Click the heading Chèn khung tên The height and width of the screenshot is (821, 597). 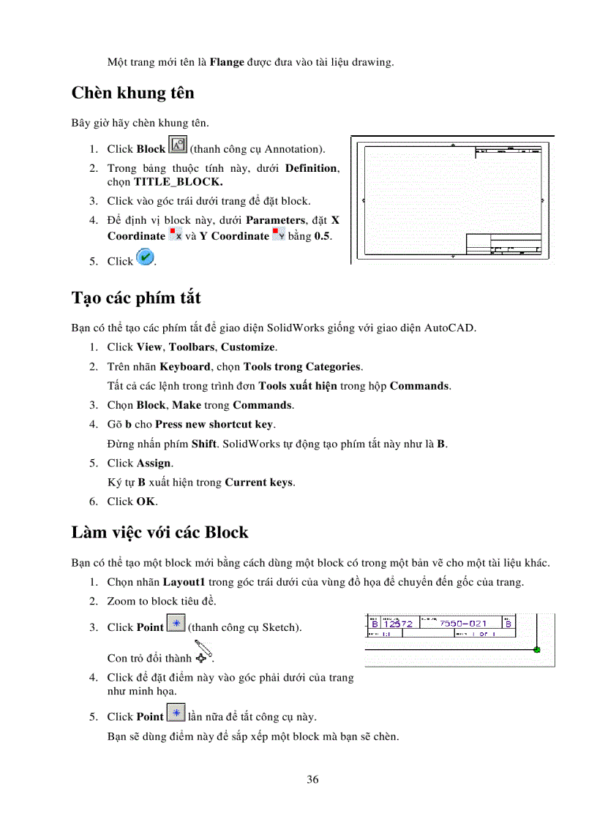(x=132, y=94)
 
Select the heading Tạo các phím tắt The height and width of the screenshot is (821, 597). (x=136, y=298)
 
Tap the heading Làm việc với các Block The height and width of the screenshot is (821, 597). (x=159, y=532)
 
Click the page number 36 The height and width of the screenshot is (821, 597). (x=312, y=779)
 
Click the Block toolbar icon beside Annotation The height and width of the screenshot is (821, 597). (x=178, y=145)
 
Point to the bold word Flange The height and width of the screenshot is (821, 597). (x=226, y=62)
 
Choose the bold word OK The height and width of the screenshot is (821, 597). (x=146, y=502)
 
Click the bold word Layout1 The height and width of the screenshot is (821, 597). (x=184, y=583)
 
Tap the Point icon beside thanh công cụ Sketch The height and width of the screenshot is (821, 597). (x=176, y=624)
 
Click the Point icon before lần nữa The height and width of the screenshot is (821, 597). (x=176, y=713)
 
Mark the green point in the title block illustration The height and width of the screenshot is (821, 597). (x=536, y=649)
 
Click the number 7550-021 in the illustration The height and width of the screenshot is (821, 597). (x=463, y=624)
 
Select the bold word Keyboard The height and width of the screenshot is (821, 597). (x=184, y=367)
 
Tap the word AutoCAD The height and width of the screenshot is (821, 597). (x=450, y=328)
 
